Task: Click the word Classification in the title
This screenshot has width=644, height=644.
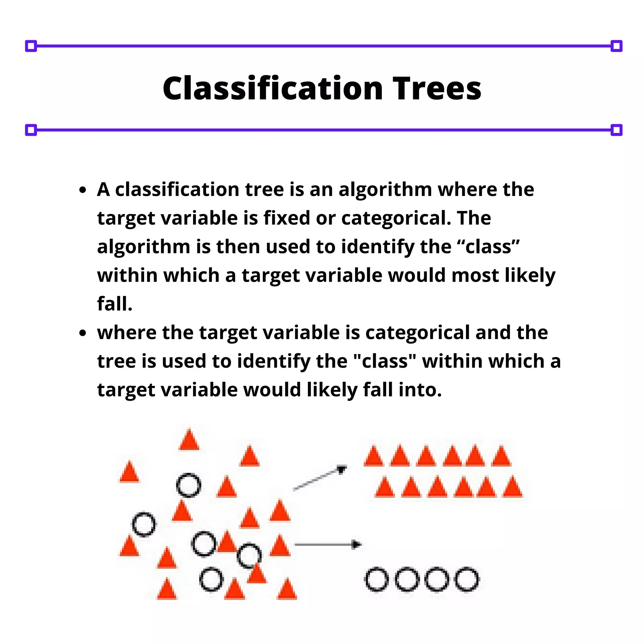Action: [x=273, y=88]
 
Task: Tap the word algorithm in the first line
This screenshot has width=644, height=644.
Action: [x=385, y=190]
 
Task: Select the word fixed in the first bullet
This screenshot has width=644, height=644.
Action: [x=287, y=218]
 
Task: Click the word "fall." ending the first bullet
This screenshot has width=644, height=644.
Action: [x=114, y=304]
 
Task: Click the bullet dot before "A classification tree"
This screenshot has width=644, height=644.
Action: [x=83, y=190]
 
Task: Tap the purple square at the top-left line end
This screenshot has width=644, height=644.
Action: [x=31, y=46]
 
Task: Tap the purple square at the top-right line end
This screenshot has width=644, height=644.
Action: [x=616, y=46]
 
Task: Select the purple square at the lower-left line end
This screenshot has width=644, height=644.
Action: [x=31, y=130]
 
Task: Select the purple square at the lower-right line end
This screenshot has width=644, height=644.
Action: [x=616, y=130]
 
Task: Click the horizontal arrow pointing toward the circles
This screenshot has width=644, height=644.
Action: [x=328, y=545]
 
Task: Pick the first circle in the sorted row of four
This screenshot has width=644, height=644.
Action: [x=377, y=579]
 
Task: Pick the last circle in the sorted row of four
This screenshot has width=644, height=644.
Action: [x=467, y=579]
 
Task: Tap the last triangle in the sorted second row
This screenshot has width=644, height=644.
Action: [x=512, y=488]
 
